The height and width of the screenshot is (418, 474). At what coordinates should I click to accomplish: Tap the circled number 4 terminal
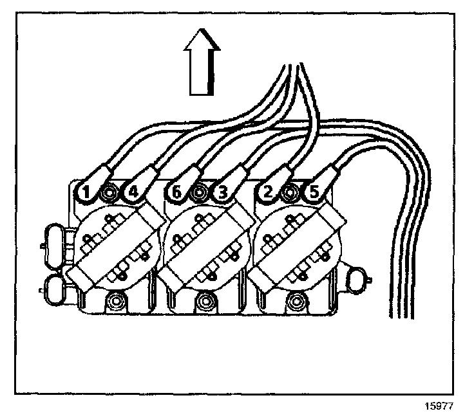click(132, 191)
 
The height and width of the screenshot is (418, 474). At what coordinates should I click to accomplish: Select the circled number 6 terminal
click(175, 191)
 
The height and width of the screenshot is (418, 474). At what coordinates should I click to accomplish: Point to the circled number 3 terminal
click(222, 191)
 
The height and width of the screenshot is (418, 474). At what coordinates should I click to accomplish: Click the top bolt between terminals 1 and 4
click(111, 192)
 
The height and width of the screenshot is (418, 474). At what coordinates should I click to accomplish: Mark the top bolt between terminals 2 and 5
click(292, 192)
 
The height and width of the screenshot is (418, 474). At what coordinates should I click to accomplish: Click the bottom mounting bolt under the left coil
click(117, 300)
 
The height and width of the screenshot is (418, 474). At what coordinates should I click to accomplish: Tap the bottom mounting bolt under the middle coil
click(207, 300)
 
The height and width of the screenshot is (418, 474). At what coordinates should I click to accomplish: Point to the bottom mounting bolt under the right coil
click(296, 300)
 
